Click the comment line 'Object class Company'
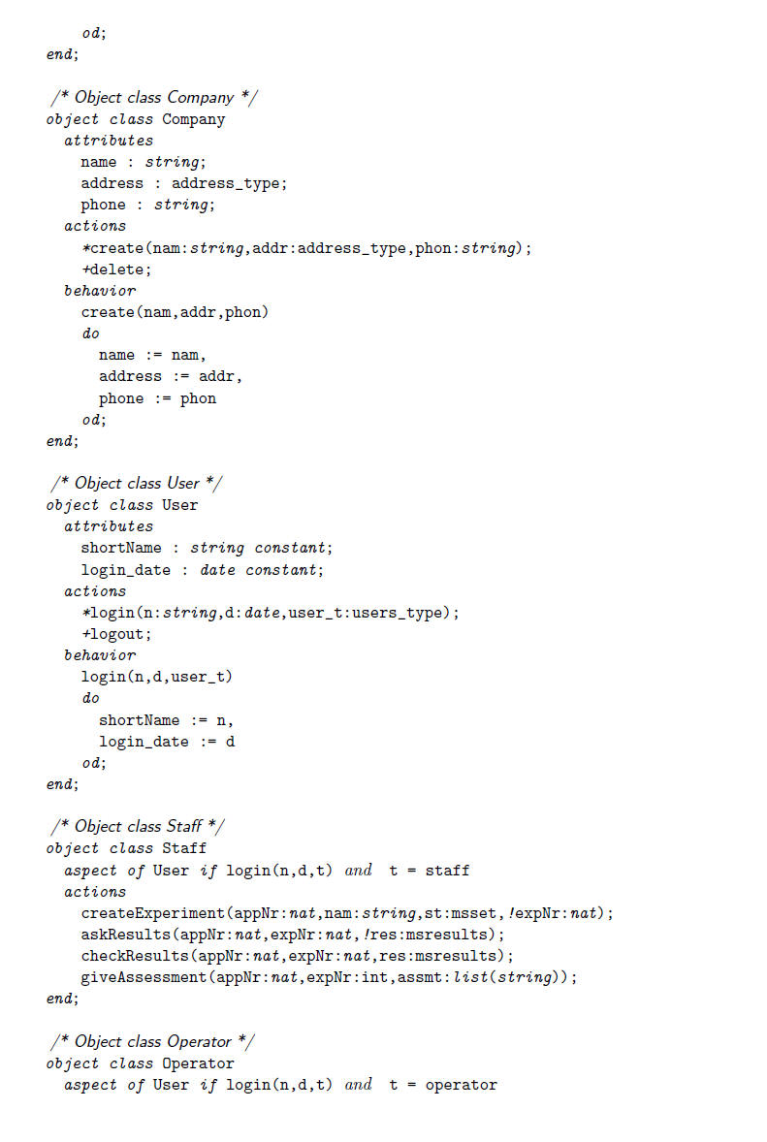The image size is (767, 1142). [x=154, y=98]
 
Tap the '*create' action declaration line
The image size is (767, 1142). [x=306, y=248]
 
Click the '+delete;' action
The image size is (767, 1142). [x=116, y=270]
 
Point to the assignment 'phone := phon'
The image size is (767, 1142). [x=157, y=398]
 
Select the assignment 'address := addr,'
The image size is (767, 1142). [x=171, y=376]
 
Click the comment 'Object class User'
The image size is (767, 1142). [x=136, y=484]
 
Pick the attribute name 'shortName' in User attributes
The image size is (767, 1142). [x=121, y=548]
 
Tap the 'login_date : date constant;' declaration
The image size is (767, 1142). [x=203, y=569]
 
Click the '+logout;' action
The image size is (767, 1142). [x=116, y=634]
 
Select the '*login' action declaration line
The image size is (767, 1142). [x=271, y=614]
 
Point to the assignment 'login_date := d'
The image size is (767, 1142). [x=167, y=742]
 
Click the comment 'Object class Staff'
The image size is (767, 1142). [x=137, y=827]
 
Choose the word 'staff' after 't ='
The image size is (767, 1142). [x=447, y=871]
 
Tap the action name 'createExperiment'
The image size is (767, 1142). [x=153, y=913]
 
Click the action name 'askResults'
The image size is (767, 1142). [x=125, y=935]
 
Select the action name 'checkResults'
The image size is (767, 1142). [x=135, y=956]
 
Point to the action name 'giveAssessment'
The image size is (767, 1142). [x=144, y=977]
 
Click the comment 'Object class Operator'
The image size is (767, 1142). [x=152, y=1041]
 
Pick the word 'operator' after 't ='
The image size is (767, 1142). [x=462, y=1085]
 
